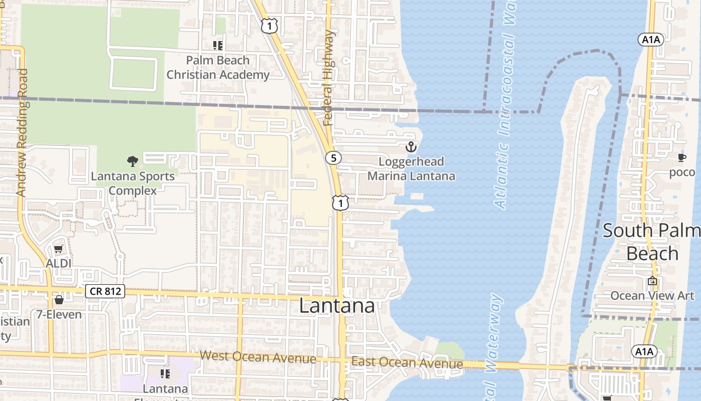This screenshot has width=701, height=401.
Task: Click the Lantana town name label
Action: click(337, 306)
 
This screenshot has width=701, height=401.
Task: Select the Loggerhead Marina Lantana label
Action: click(411, 169)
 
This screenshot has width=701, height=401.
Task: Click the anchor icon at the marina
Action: click(411, 147)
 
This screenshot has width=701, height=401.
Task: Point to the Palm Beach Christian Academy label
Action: click(218, 68)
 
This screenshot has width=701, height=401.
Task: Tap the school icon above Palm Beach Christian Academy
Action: click(217, 46)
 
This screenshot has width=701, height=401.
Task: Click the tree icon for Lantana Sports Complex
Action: click(133, 161)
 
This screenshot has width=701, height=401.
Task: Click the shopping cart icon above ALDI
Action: click(59, 249)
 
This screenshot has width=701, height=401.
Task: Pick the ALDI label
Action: click(59, 263)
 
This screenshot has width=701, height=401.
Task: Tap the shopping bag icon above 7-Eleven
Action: click(59, 300)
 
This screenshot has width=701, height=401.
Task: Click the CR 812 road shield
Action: click(105, 291)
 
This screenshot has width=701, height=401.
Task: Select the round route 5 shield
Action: click(333, 158)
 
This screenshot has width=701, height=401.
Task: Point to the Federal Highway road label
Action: click(328, 78)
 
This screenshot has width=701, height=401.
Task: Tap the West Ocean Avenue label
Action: click(258, 357)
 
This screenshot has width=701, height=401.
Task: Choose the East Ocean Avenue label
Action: click(407, 362)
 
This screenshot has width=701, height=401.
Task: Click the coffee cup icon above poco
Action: click(682, 157)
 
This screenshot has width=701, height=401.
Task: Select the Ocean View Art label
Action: click(652, 296)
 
